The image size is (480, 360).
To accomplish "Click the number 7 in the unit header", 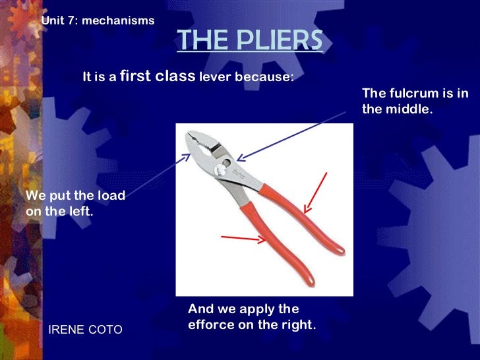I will click(71, 20).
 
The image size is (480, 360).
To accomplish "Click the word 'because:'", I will click(265, 76).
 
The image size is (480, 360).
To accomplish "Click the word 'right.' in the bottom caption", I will click(299, 324).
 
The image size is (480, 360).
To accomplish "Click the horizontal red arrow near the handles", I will click(244, 238).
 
